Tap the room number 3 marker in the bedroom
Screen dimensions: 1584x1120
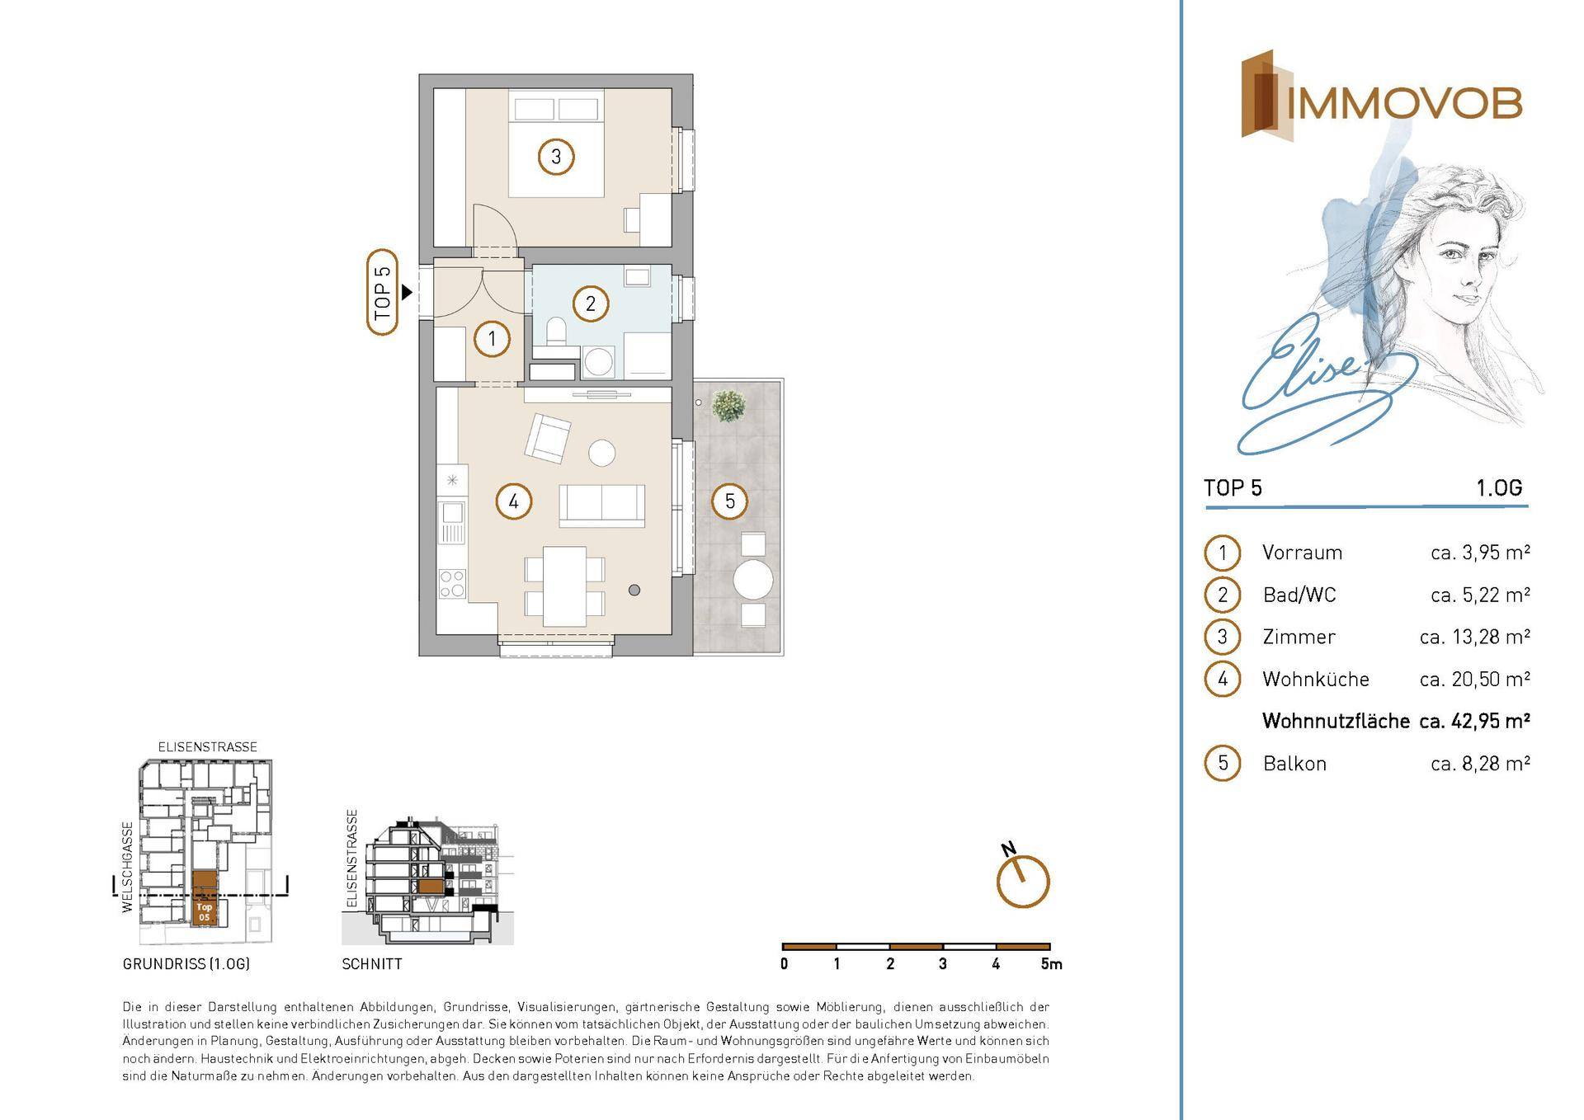tap(556, 156)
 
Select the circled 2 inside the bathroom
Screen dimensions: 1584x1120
tap(590, 304)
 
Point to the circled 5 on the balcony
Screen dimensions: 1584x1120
tap(729, 501)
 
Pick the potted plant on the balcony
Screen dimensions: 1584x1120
tap(728, 406)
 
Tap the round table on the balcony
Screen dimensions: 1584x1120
tap(753, 580)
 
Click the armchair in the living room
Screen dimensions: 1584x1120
tap(547, 437)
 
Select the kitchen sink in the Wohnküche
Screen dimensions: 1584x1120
tap(452, 522)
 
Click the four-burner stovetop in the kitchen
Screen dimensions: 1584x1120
tap(452, 584)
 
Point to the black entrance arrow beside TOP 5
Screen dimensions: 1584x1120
tap(407, 292)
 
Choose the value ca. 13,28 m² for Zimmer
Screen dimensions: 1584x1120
tap(1475, 637)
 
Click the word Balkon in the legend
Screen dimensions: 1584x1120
tap(1294, 764)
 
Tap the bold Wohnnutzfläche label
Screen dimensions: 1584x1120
tap(1336, 721)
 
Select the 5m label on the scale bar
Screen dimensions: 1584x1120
tap(1051, 963)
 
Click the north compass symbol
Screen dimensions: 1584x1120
tap(1022, 879)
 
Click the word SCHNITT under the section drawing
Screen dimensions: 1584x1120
tap(372, 963)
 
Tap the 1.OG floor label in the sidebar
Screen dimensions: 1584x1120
tap(1498, 487)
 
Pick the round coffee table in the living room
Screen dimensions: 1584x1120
tap(601, 452)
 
